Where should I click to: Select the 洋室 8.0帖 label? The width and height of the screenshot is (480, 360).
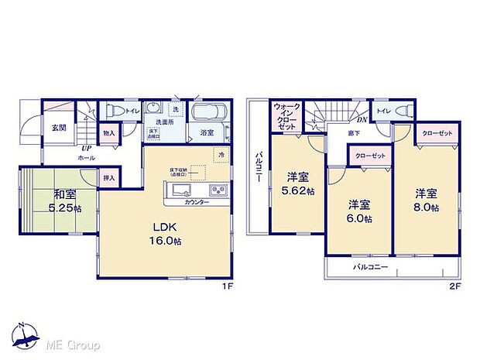point(425,201)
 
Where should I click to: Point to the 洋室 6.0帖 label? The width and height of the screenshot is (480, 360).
point(358,211)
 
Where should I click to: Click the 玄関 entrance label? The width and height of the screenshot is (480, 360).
point(59,128)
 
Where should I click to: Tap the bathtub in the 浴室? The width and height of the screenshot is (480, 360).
point(207,115)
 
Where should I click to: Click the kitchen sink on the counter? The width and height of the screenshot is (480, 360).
point(178,191)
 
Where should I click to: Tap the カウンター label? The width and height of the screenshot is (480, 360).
point(197,202)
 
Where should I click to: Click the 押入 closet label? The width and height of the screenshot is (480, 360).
point(109,179)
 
